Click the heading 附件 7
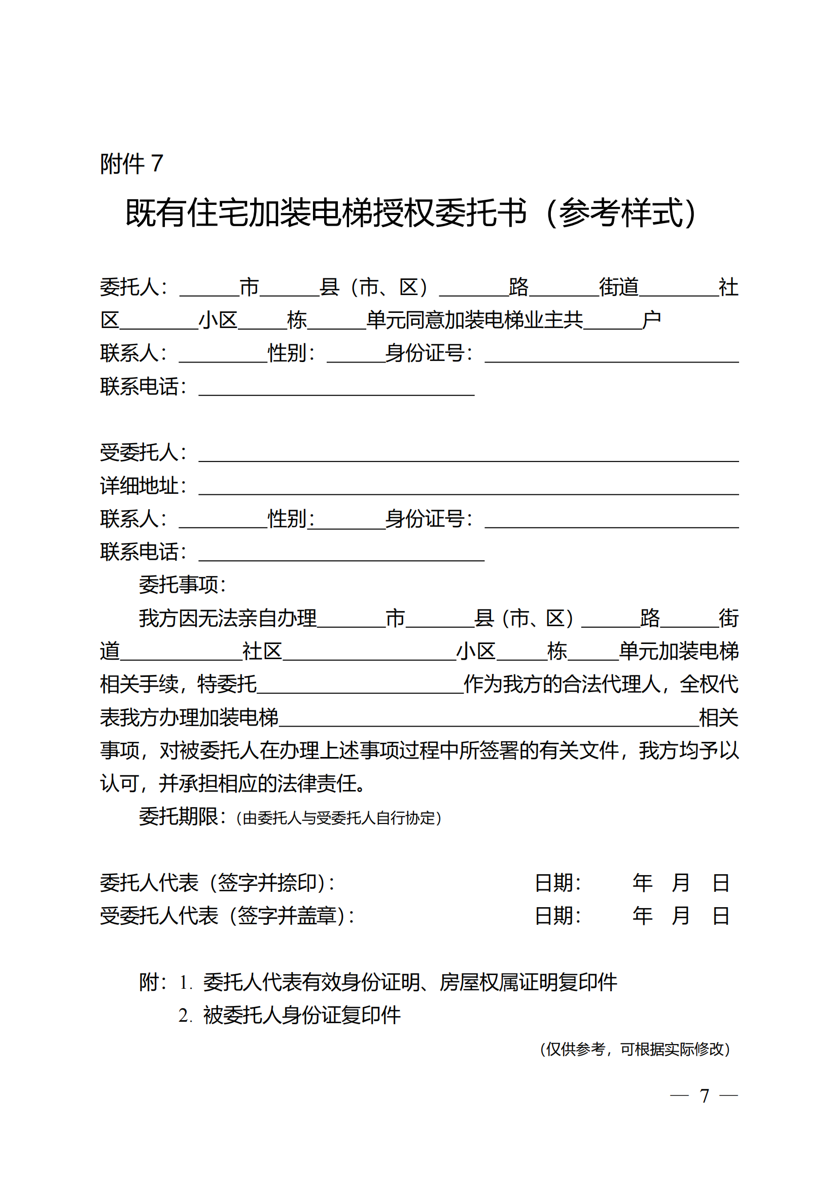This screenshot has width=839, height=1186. click(131, 164)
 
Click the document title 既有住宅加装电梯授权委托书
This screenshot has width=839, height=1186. click(326, 213)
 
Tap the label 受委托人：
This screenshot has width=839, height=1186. click(143, 452)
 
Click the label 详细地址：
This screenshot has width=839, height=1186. click(143, 486)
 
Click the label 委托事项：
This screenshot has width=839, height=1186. click(183, 585)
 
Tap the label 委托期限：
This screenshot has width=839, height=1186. click(183, 817)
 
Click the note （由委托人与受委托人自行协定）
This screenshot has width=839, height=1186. click(338, 818)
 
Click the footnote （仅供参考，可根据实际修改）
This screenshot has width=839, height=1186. click(635, 1049)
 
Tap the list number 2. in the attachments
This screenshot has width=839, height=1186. click(185, 1016)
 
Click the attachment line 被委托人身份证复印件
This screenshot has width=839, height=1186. click(302, 1015)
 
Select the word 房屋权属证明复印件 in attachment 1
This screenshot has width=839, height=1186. click(528, 982)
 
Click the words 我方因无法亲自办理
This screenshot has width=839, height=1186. click(227, 618)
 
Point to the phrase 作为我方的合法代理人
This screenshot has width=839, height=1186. click(562, 685)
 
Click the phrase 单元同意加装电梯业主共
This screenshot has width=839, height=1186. click(474, 320)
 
